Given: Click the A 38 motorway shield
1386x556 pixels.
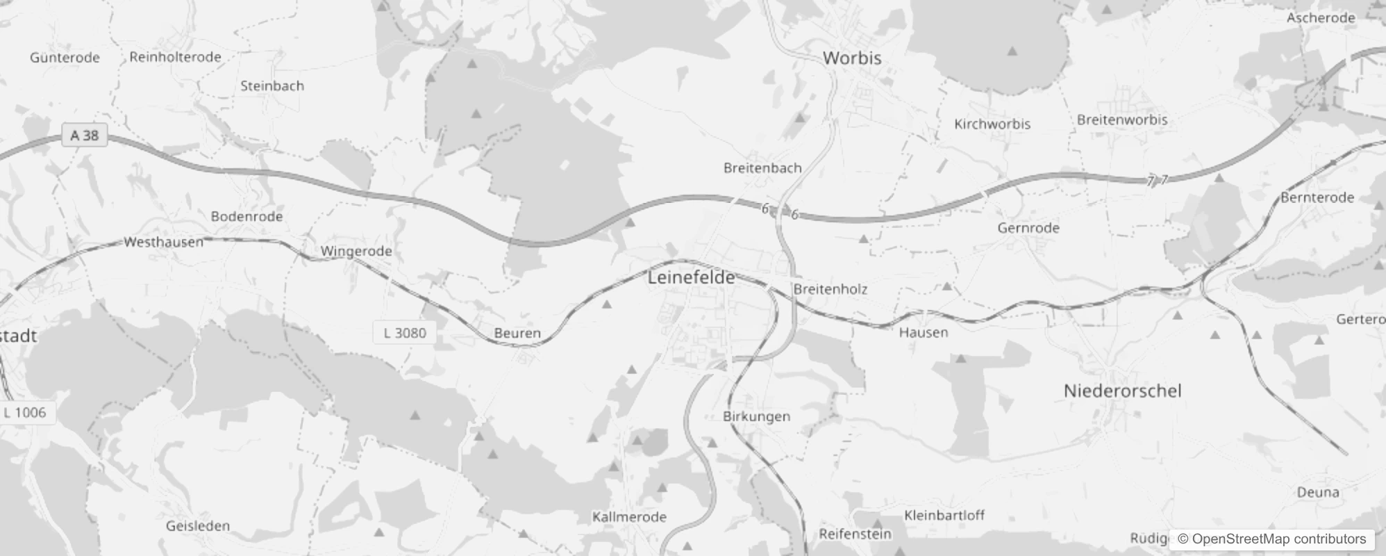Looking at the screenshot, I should tap(85, 135).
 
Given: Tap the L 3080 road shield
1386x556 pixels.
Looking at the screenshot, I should tap(405, 332).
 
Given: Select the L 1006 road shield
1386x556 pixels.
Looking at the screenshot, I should tap(25, 412).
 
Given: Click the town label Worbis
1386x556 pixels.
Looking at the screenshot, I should tap(852, 58).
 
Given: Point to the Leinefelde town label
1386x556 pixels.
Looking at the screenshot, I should tap(691, 277).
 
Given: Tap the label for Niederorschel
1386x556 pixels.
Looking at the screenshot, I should tap(1122, 391).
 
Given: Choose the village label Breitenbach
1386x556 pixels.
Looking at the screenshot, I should tap(762, 167).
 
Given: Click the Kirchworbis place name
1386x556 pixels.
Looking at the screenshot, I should tap(992, 124).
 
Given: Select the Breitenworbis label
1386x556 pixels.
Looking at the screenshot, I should tap(1122, 120).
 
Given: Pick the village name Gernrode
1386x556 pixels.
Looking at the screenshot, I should tap(1028, 227).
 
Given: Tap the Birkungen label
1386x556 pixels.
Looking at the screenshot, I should tap(756, 416).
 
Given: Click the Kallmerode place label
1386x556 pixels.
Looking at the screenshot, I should tap(629, 516).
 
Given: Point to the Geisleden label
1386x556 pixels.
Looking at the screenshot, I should tap(198, 525).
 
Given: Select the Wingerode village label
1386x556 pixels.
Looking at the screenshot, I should tap(356, 251).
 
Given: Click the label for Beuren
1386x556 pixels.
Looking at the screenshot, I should tap(517, 333).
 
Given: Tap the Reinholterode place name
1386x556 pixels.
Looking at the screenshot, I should tap(175, 57).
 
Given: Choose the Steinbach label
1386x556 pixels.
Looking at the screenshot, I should tap(272, 85).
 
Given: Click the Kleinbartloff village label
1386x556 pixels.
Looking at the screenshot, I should tap(944, 515).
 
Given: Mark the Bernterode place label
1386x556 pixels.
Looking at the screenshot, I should tap(1317, 197).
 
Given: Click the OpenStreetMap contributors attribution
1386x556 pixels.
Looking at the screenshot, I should tap(1271, 539).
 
